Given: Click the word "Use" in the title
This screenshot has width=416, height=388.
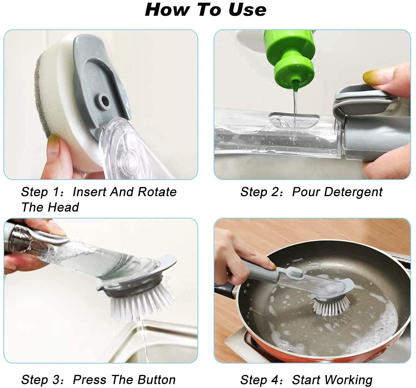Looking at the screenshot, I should [247, 9].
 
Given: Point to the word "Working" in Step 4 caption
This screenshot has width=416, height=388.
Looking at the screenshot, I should [349, 380].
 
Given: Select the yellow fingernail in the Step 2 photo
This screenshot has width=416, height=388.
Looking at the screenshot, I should [371, 75].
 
